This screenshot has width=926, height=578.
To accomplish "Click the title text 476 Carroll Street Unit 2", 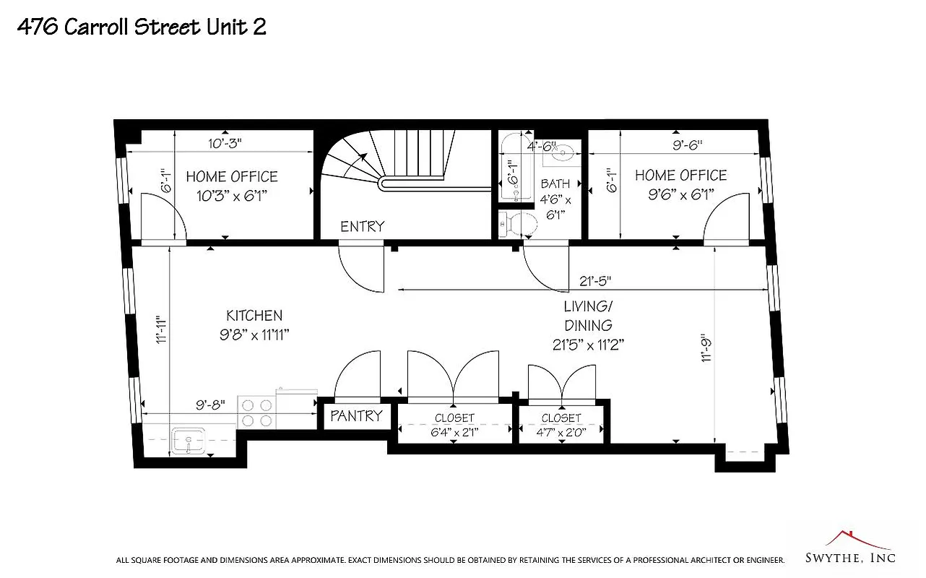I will [142, 27].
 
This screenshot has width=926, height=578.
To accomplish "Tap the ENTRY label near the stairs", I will [363, 226].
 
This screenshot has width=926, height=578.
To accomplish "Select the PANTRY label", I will [356, 415].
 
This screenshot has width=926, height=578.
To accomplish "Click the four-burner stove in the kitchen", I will [256, 413].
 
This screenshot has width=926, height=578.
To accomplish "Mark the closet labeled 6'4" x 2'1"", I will [454, 425].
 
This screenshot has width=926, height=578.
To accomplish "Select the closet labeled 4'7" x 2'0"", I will [561, 426].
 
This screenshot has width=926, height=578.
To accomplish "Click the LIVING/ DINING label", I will [588, 325].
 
